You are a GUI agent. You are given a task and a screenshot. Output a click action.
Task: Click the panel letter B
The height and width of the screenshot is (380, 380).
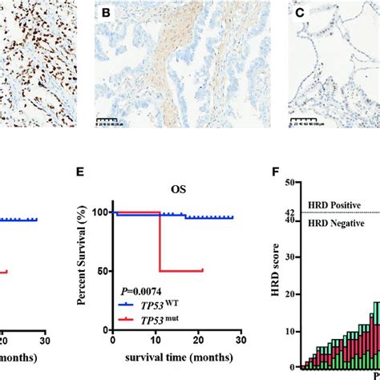tap(105, 14)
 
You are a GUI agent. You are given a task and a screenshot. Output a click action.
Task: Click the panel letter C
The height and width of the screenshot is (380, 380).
tap(298, 14)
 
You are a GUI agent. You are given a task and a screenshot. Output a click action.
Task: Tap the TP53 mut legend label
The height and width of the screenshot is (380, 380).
tap(164, 317)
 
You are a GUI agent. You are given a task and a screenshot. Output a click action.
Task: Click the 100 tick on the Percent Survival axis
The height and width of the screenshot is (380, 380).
tap(104, 212)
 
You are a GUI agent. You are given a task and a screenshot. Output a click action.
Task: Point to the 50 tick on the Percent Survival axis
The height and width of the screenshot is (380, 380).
tap(107, 271)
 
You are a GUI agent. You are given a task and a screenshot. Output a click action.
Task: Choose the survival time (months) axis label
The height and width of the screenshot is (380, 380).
tap(168, 355)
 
